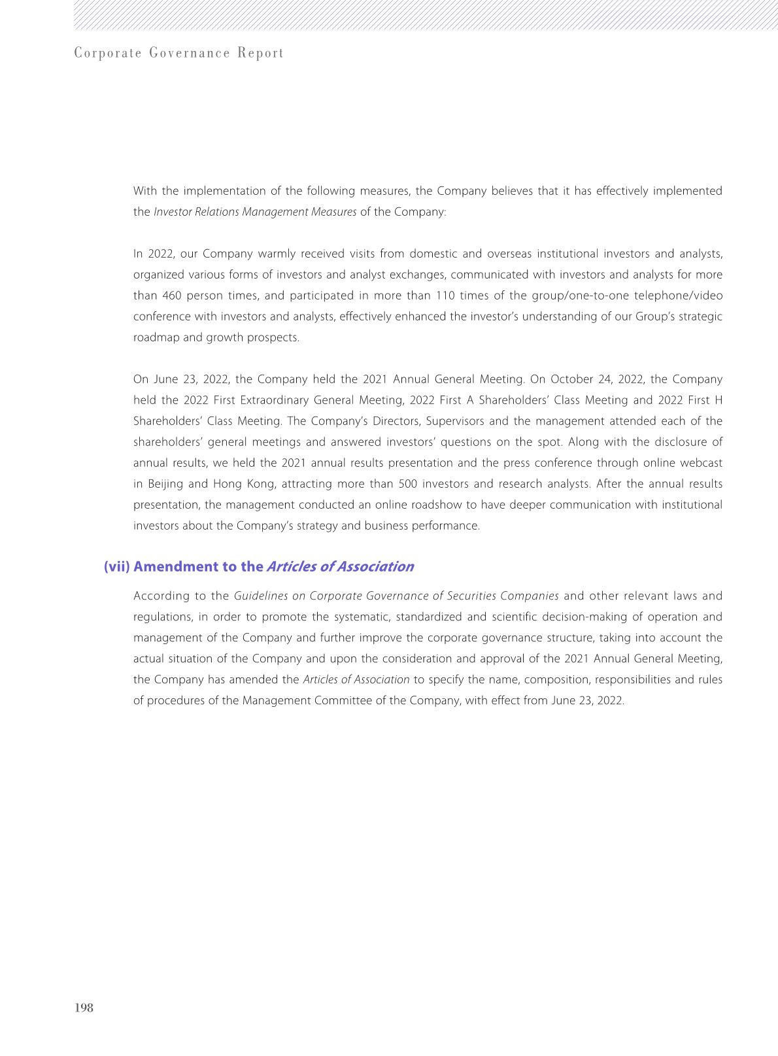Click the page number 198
(x=84, y=1008)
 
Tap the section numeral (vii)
(x=117, y=566)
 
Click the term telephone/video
(x=678, y=296)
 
